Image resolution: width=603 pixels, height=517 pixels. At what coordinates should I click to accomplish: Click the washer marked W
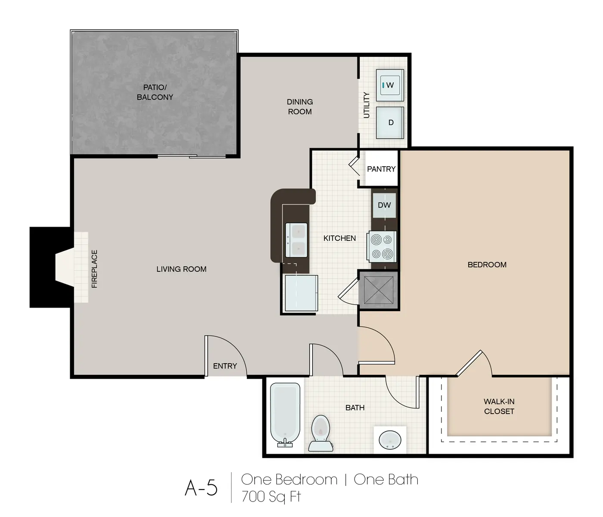tap(390, 85)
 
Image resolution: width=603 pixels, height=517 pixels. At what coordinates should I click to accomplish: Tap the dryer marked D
tap(390, 122)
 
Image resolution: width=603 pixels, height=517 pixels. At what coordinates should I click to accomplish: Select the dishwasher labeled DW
tap(384, 206)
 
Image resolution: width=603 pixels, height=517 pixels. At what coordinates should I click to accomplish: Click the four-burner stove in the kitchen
tap(382, 247)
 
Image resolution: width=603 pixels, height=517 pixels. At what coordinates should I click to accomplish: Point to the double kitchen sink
tap(297, 240)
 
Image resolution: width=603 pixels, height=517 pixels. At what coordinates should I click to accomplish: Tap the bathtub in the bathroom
tap(285, 414)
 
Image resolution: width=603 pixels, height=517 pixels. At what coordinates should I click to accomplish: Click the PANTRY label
tap(381, 169)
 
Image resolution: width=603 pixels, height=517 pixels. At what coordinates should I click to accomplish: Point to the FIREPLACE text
tap(95, 269)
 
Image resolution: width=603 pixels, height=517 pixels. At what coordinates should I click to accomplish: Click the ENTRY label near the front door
tap(225, 366)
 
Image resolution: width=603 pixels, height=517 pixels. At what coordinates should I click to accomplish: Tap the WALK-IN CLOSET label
tap(499, 406)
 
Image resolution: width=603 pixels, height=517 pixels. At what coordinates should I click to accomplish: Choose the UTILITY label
tap(367, 105)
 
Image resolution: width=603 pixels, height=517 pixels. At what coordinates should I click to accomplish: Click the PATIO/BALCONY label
tap(155, 92)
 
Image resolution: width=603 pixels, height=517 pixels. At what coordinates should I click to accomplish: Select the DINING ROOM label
tap(300, 107)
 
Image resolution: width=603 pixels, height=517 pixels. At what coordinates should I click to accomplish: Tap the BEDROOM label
tap(487, 265)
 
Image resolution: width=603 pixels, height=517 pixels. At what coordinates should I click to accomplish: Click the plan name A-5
tap(201, 488)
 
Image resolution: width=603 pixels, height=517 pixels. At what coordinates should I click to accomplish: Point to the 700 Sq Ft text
tap(271, 497)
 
